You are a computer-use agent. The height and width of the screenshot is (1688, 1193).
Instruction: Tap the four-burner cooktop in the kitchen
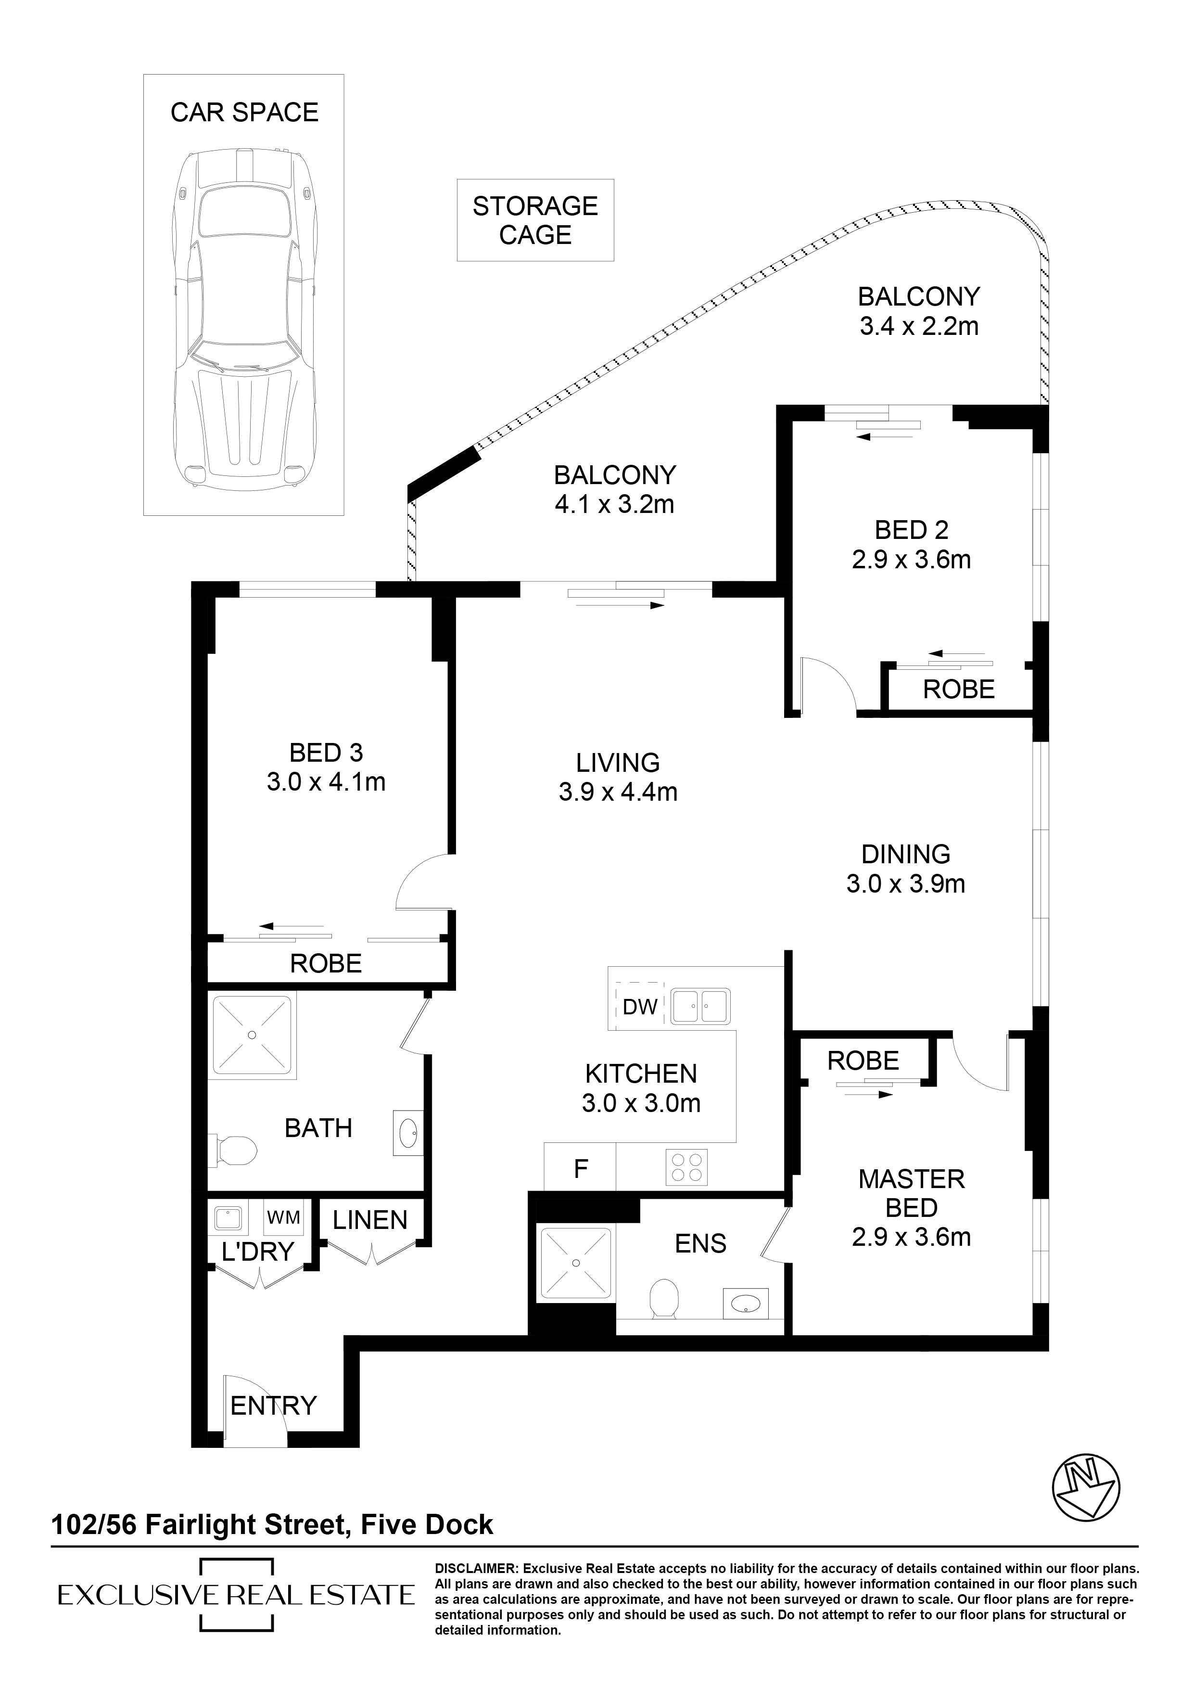[x=686, y=1167]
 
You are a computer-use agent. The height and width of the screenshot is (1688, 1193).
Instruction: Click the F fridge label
[x=581, y=1169]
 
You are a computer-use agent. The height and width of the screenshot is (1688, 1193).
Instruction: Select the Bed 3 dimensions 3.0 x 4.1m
[x=326, y=781]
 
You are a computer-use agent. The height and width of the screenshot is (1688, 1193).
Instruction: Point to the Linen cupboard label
[x=370, y=1220]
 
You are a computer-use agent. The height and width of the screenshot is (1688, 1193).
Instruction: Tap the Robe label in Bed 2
[x=959, y=689]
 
